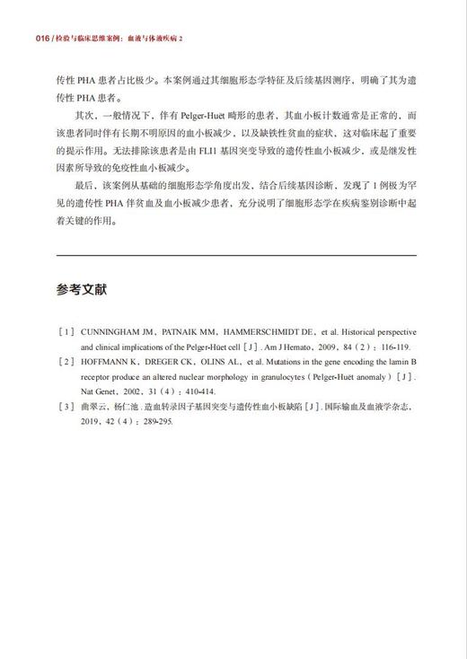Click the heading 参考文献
tap(81, 290)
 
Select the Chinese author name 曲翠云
tap(94, 406)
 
